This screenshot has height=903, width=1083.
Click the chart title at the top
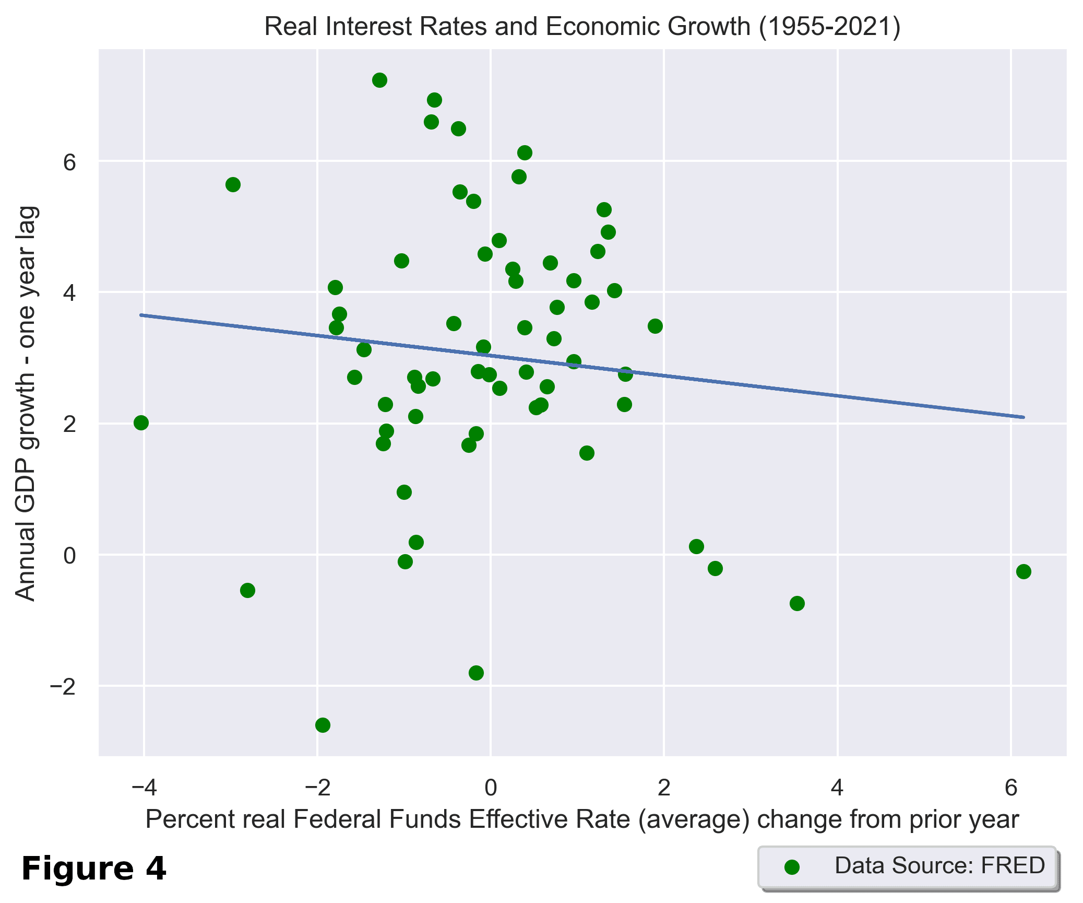[x=582, y=26]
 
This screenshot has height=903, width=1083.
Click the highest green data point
[x=379, y=80]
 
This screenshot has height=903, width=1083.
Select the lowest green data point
[x=323, y=725]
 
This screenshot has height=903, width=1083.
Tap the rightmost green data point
[x=1024, y=571]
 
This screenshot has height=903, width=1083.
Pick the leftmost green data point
[x=141, y=423]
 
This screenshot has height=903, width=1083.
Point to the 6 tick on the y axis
[x=69, y=162]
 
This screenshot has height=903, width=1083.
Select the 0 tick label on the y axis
[x=69, y=555]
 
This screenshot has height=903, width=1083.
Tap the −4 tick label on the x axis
[x=144, y=788]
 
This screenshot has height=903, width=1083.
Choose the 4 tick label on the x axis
[x=837, y=788]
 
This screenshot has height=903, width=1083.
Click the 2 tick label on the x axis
[x=663, y=788]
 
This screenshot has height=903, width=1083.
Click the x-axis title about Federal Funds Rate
[x=582, y=819]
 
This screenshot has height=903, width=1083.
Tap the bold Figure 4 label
[x=94, y=869]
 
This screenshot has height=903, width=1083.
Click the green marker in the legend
[x=792, y=867]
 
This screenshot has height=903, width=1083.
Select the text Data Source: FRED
[x=939, y=865]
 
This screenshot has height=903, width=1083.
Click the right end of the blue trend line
[x=1024, y=417]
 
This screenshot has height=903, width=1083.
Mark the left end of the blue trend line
[x=141, y=315]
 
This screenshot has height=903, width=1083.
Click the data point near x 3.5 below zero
[x=797, y=603]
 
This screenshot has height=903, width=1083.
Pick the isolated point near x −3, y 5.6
[x=233, y=184]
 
